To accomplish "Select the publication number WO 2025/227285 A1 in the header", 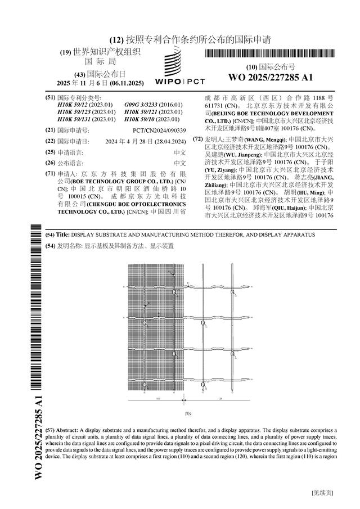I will click(x=271, y=77).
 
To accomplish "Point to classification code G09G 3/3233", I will click(x=154, y=105).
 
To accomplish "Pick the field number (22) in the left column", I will click(x=50, y=141).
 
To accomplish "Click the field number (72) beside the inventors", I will click(x=197, y=138).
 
